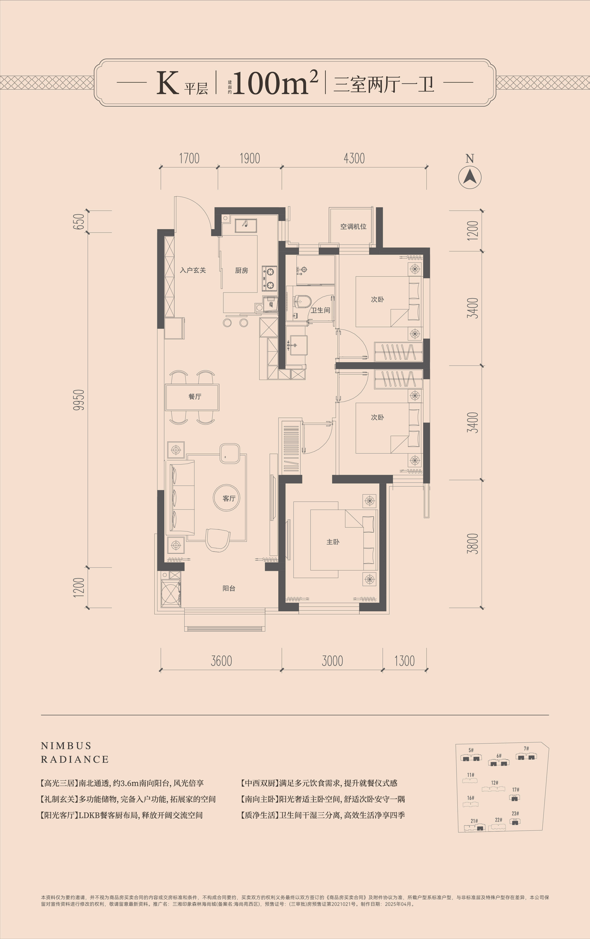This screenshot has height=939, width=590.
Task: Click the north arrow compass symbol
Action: [470, 177]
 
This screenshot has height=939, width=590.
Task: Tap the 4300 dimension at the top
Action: [354, 158]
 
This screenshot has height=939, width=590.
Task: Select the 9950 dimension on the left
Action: [79, 399]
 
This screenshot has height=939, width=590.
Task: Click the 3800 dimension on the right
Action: [473, 544]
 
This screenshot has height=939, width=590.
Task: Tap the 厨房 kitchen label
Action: [242, 270]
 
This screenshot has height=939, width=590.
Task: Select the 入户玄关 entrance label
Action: [193, 270]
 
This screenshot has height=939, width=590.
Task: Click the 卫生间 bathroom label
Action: [320, 310]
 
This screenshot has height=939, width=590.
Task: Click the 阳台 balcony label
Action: [229, 588]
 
